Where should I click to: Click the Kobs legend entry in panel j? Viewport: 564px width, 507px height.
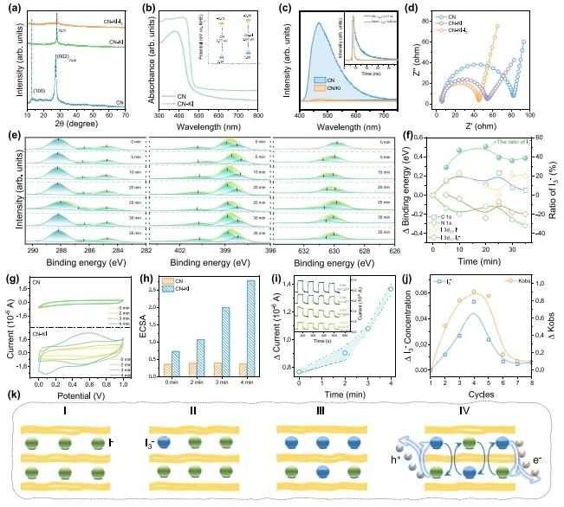pos(519,281)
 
